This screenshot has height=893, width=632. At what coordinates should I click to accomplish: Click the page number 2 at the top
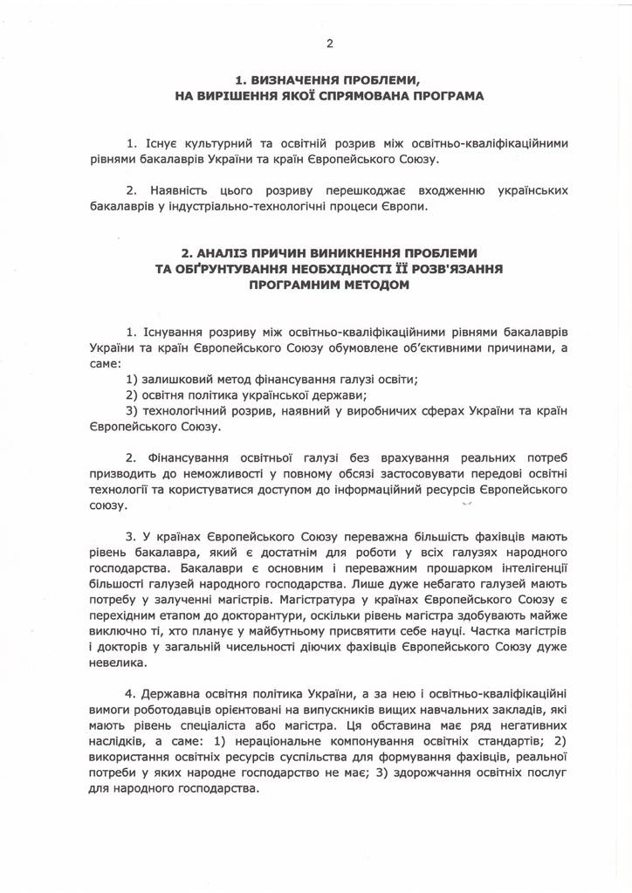coord(329,43)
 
